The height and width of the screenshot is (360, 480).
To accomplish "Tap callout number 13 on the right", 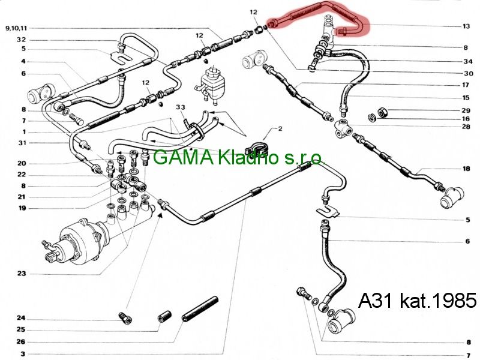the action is point(466,26).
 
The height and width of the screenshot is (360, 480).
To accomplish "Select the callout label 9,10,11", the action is point(16,28).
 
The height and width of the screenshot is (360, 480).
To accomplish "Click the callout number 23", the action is point(22,274).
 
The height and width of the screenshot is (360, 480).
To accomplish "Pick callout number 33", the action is point(181,107).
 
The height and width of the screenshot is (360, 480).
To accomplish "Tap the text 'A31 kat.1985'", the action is point(417,301).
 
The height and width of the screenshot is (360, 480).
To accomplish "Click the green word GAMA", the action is point(183,158).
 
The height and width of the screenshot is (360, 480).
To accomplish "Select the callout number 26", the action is point(21,342).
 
